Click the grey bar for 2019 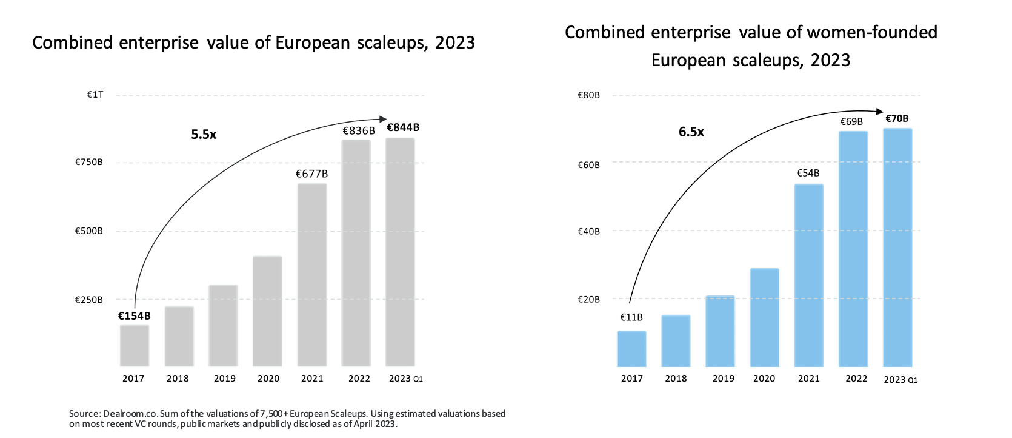223,326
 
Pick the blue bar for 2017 631,349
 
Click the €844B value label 403,127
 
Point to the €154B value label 134,316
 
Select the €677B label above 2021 311,174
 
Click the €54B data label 808,174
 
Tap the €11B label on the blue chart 631,317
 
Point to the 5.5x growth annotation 204,135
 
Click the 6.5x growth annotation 691,132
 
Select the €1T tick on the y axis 95,95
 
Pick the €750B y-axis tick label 89,163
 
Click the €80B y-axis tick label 588,95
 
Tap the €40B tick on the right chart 588,231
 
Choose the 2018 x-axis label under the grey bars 178,379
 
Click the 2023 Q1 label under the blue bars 900,380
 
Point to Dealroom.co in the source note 130,414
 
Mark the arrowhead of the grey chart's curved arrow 383,119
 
